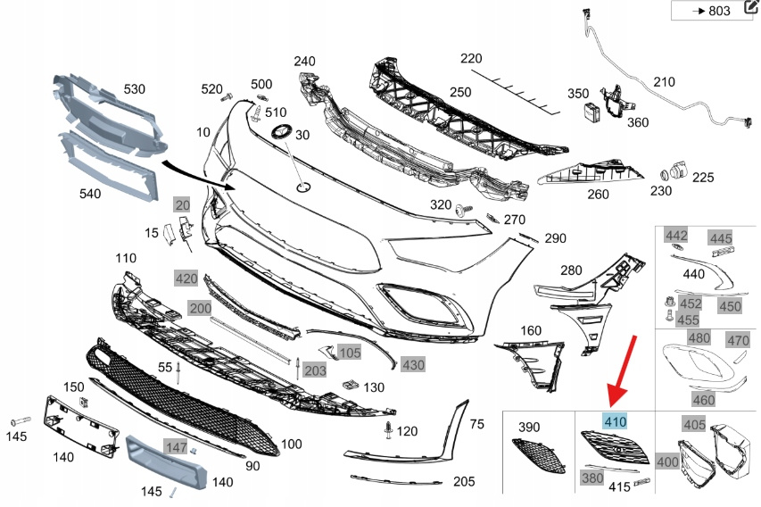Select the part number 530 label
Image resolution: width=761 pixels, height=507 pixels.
[x=134, y=89]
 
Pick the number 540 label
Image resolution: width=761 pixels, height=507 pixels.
[x=90, y=193]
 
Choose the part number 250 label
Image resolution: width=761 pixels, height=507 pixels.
[x=460, y=92]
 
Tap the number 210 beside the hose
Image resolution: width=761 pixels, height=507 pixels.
[x=665, y=82]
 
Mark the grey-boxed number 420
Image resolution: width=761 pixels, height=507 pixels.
[x=186, y=278]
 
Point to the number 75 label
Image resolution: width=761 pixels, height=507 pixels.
[x=476, y=424]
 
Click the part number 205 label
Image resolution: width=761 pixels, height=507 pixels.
[x=463, y=481]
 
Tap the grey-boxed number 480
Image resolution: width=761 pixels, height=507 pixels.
[x=699, y=338]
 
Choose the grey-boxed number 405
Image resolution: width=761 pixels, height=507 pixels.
[x=693, y=424]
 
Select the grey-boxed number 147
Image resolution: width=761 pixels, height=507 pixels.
[x=176, y=445]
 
